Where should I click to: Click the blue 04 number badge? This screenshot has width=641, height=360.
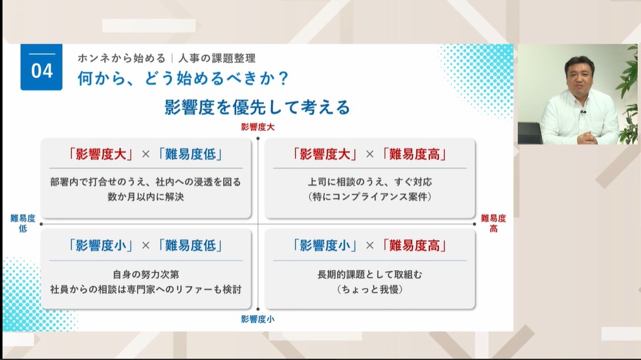pyautogui.click(x=42, y=68)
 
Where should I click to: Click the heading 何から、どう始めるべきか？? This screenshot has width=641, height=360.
pyautogui.click(x=183, y=79)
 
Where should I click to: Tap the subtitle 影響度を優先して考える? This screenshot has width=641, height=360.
pyautogui.click(x=257, y=107)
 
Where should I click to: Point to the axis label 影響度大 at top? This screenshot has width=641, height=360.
pyautogui.click(x=258, y=127)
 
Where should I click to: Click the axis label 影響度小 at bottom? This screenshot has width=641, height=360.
pyautogui.click(x=258, y=319)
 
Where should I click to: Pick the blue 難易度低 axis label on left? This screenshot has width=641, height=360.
pyautogui.click(x=23, y=223)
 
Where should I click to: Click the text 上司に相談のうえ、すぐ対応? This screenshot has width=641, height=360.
pyautogui.click(x=369, y=182)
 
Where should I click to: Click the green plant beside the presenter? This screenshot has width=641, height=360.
pyautogui.click(x=628, y=95)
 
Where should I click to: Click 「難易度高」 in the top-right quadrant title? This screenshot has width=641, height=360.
pyautogui.click(x=414, y=153)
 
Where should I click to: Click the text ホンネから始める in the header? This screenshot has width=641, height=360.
pyautogui.click(x=121, y=58)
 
